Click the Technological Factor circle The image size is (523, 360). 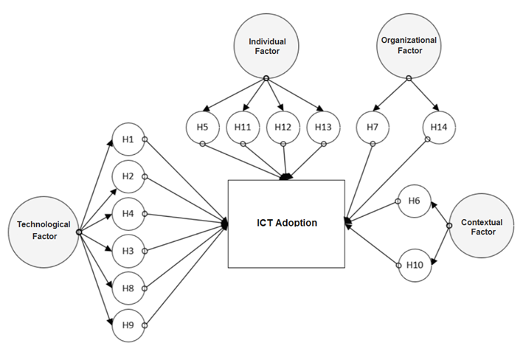click(x=44, y=229)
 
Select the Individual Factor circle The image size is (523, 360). click(x=266, y=46)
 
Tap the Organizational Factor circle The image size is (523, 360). click(x=409, y=46)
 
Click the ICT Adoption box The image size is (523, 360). click(x=286, y=223)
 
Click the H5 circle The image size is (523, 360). click(x=203, y=127)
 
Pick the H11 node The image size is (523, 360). click(x=243, y=127)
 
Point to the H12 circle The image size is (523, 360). click(x=283, y=127)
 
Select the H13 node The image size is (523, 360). click(x=323, y=127)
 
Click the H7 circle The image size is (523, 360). click(x=373, y=127)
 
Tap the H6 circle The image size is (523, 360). click(x=414, y=201)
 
